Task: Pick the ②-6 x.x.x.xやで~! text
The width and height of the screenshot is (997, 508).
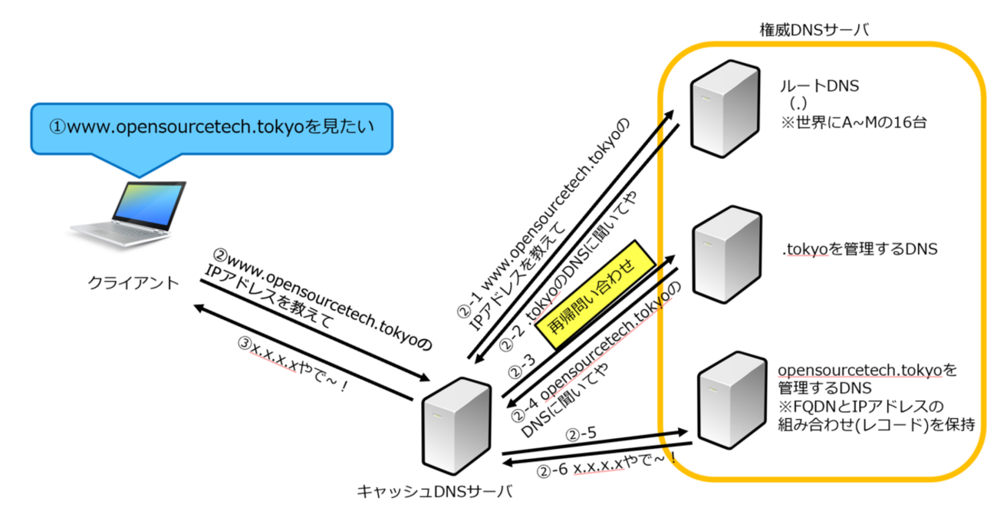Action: [x=606, y=465]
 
